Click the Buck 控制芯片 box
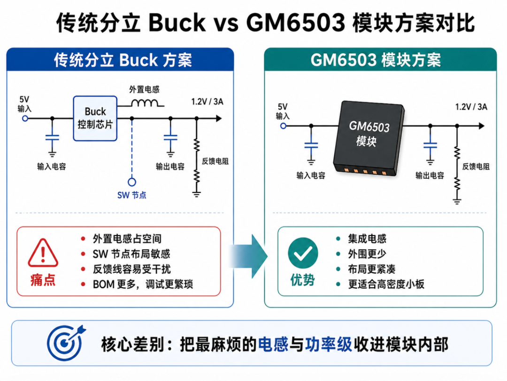(95, 118)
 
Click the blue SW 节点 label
(131, 195)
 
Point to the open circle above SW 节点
(131, 182)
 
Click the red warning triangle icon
(43, 253)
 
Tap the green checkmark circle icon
(303, 253)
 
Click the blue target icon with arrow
(66, 343)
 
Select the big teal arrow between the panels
(249, 256)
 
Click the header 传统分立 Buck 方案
(123, 60)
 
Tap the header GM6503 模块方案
(376, 60)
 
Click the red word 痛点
(43, 280)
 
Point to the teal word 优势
(303, 280)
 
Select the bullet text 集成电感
(367, 239)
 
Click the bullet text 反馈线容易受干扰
(131, 269)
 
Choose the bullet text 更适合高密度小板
(386, 284)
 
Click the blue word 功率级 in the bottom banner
(329, 344)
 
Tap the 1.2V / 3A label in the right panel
(471, 107)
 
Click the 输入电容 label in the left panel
(52, 167)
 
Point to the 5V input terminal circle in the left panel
(25, 119)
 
